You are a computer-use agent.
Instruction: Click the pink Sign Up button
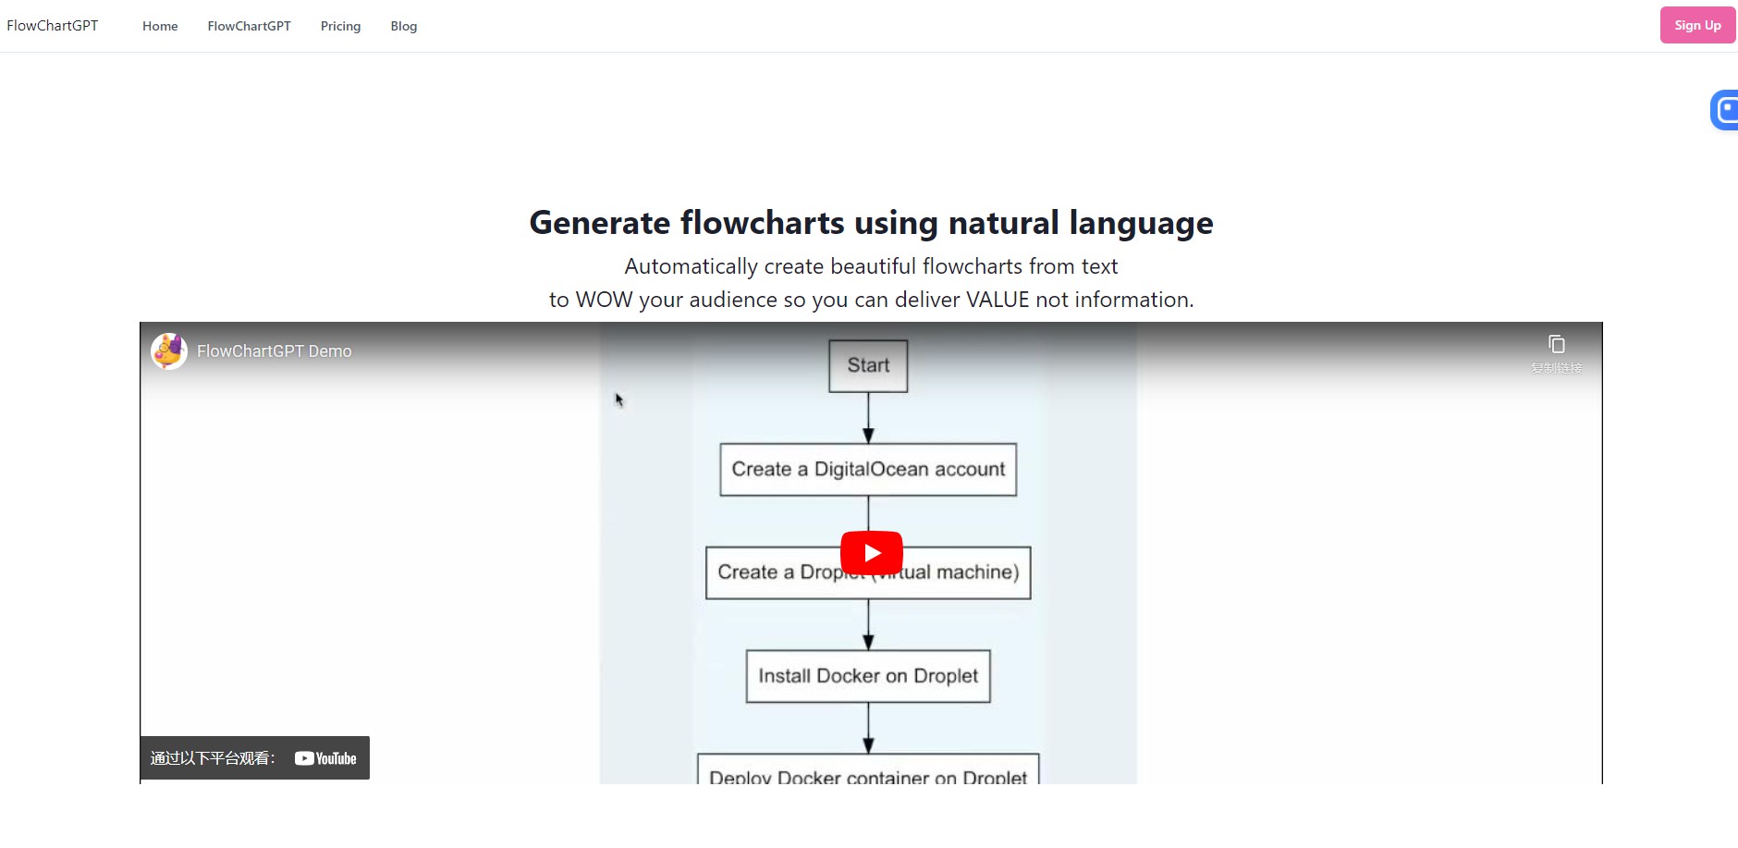pyautogui.click(x=1696, y=25)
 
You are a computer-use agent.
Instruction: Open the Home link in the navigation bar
pyautogui.click(x=160, y=26)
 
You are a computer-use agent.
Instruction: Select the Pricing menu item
pyautogui.click(x=340, y=26)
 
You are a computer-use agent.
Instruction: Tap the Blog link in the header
pyautogui.click(x=403, y=26)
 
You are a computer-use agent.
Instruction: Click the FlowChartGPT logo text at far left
pyautogui.click(x=53, y=26)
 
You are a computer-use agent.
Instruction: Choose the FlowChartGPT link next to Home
pyautogui.click(x=249, y=26)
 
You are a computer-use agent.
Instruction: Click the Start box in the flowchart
pyautogui.click(x=868, y=365)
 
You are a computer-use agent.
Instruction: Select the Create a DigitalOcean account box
pyautogui.click(x=868, y=469)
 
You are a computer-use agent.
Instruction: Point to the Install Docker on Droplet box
pyautogui.click(x=868, y=676)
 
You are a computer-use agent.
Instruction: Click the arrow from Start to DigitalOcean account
pyautogui.click(x=868, y=418)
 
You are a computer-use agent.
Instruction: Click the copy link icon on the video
pyautogui.click(x=1557, y=345)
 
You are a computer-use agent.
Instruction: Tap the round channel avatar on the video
pyautogui.click(x=169, y=351)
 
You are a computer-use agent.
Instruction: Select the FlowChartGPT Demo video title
pyautogui.click(x=274, y=351)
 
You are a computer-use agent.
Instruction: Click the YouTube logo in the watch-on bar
pyautogui.click(x=325, y=758)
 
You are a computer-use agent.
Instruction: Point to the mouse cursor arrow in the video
pyautogui.click(x=618, y=399)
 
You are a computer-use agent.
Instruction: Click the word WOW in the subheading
pyautogui.click(x=604, y=300)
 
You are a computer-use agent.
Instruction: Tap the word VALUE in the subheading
pyautogui.click(x=997, y=300)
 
